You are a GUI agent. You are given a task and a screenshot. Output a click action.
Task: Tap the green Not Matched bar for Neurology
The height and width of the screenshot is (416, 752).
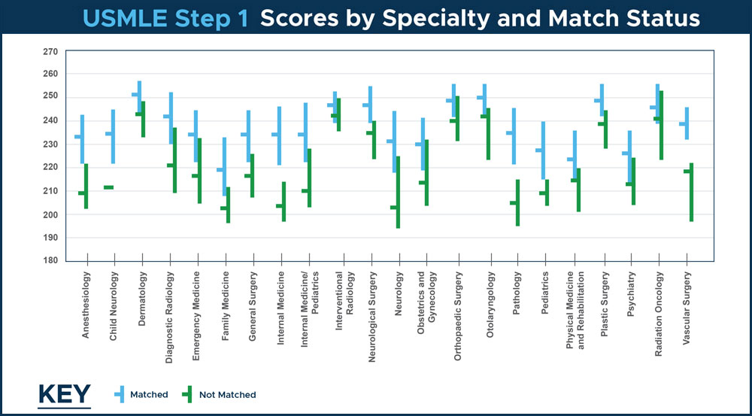point(398,192)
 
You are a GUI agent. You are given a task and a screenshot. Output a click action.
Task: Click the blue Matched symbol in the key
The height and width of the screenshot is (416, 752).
point(120,393)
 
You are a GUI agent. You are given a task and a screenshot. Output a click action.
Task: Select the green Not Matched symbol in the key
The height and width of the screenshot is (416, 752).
point(188,393)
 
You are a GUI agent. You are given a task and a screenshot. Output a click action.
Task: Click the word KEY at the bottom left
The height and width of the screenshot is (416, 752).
point(64,395)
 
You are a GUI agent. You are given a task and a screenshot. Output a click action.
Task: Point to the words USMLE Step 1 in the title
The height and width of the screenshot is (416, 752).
point(166,18)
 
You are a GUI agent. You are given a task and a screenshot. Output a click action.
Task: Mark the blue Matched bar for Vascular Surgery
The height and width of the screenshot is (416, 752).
point(687,123)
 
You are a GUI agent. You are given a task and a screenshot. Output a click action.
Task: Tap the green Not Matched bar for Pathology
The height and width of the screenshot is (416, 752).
point(518,202)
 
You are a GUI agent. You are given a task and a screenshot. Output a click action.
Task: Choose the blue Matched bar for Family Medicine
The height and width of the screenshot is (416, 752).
point(224,166)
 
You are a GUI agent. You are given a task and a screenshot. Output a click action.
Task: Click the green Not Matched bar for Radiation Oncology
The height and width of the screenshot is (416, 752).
point(661,125)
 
